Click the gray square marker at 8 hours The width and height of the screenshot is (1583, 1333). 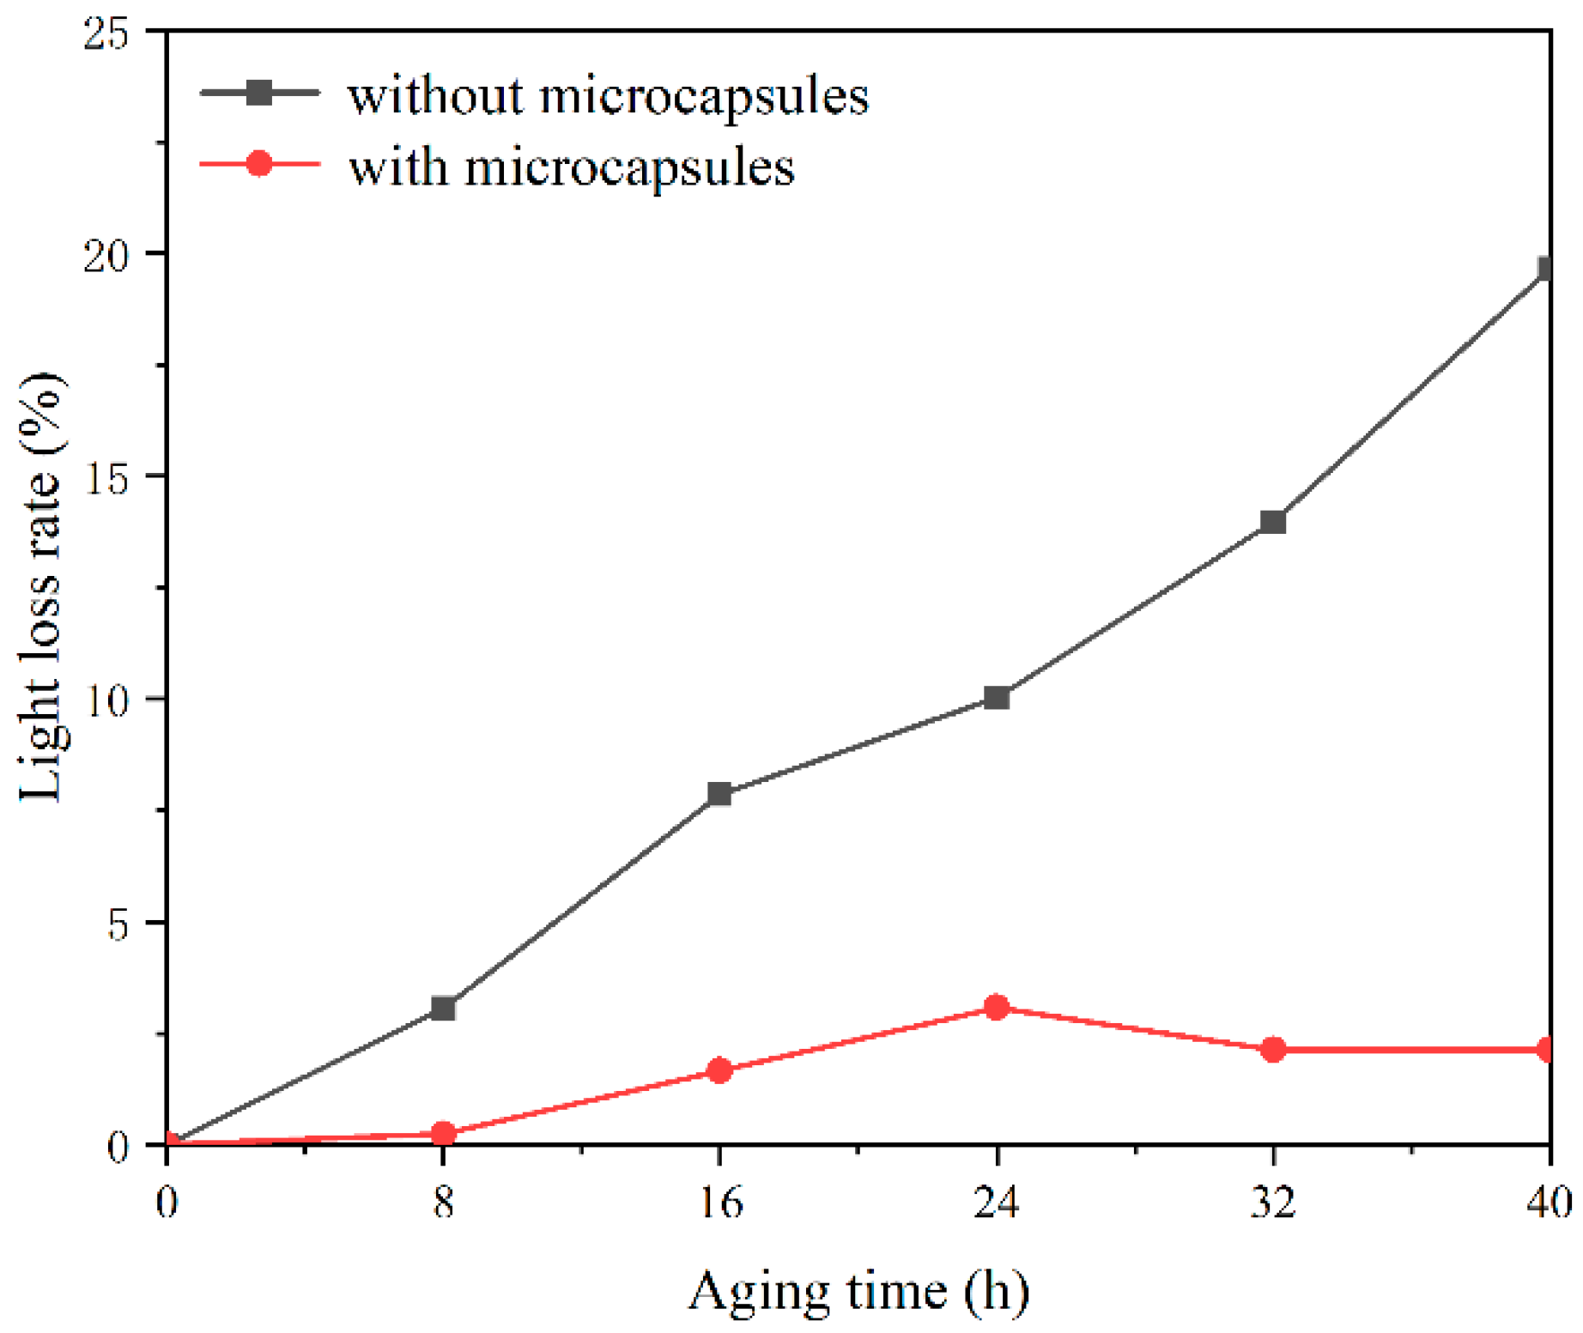coord(443,1008)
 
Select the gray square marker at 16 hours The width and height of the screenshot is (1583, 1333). coord(719,793)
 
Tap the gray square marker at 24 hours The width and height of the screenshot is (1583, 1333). coord(997,697)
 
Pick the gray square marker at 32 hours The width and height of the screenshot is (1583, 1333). coord(1273,521)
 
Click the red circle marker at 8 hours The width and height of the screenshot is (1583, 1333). coord(443,1134)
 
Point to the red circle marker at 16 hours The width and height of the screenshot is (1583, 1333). coord(719,1070)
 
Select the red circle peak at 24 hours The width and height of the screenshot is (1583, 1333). coord(997,1007)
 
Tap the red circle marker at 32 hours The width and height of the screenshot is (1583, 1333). coord(1273,1049)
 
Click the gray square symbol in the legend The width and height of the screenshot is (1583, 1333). coord(259,92)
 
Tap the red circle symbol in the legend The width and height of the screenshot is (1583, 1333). coord(259,163)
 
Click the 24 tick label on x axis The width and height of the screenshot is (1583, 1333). coord(997,1202)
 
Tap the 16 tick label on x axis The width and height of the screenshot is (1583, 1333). coord(719,1202)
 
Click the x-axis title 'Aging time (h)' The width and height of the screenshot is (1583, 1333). coord(858,1290)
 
